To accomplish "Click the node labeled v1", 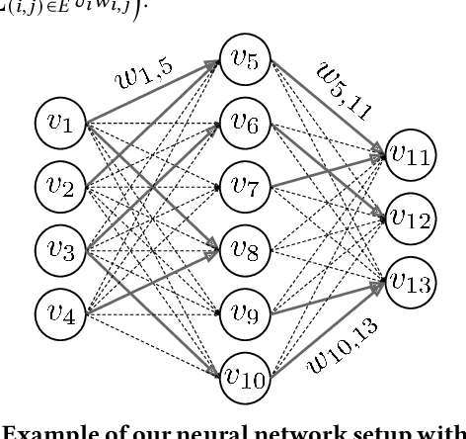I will coord(62,126).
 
